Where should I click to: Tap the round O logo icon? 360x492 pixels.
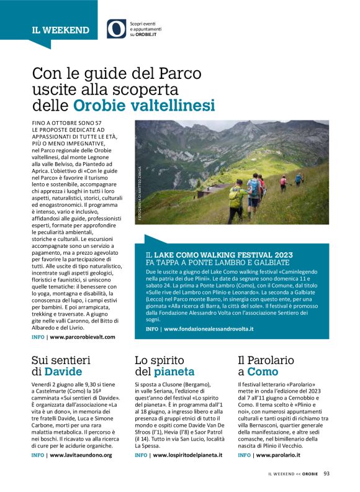pos(116,29)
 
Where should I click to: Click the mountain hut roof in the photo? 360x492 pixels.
pos(217,189)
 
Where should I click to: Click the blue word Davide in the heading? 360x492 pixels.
pos(63,371)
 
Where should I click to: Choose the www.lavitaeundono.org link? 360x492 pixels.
pos(81,455)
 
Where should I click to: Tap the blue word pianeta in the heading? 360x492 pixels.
pos(174,371)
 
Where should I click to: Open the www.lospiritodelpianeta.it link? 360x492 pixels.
pos(187,455)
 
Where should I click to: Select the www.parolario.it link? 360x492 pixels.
pos(275,455)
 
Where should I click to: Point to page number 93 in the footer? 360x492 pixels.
pos(326,473)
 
